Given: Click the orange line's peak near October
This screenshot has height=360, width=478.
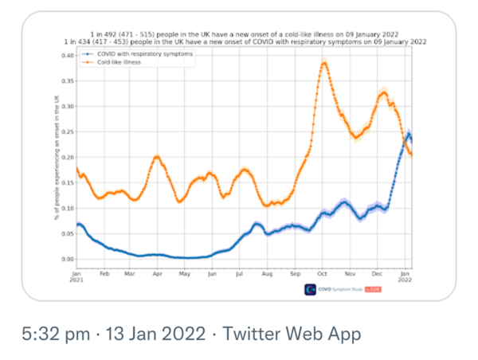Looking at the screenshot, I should (324, 63).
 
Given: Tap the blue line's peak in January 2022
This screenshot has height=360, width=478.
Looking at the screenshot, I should (409, 134).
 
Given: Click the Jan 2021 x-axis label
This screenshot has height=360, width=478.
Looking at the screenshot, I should (76, 276).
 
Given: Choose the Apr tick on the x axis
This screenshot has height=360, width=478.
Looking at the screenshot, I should (158, 273).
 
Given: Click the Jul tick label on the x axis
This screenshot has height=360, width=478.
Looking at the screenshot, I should (240, 273).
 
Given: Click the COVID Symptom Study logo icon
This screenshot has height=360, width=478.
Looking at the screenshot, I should (310, 289).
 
